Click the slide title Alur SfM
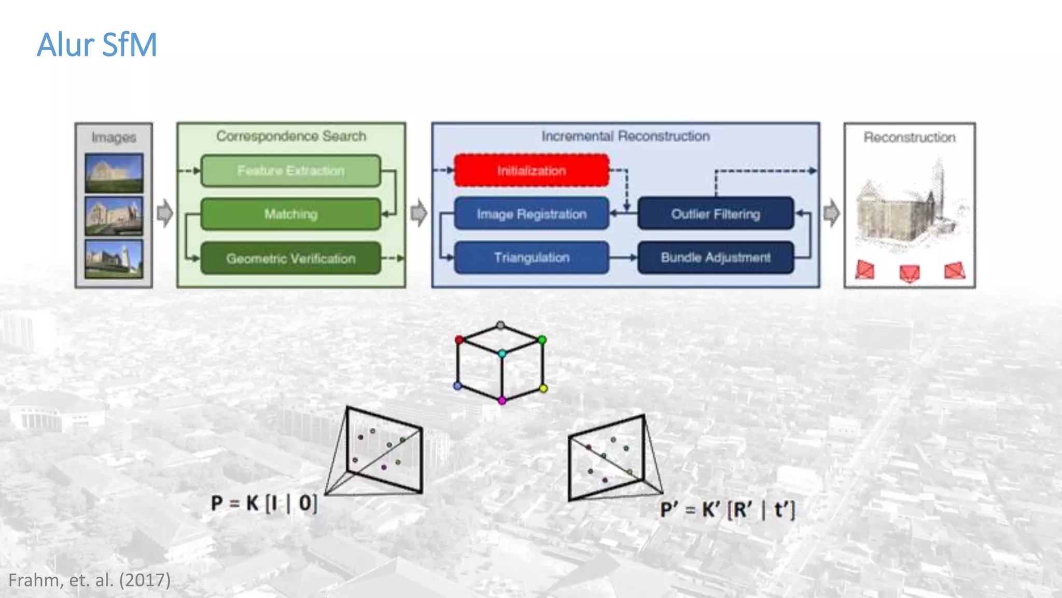97,45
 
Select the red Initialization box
532,170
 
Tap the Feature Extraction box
290,170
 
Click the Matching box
290,214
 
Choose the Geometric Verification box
290,258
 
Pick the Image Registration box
532,214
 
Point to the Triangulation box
532,257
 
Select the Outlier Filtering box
716,214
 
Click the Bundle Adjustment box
716,257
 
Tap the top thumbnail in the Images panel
114,173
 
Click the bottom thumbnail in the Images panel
114,259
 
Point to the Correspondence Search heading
291,136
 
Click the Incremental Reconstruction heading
625,136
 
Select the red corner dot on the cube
459,340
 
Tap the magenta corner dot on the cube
502,401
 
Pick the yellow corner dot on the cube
543,388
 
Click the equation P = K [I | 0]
264,503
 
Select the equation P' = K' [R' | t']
727,510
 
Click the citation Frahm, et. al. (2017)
90,580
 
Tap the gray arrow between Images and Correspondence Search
165,213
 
